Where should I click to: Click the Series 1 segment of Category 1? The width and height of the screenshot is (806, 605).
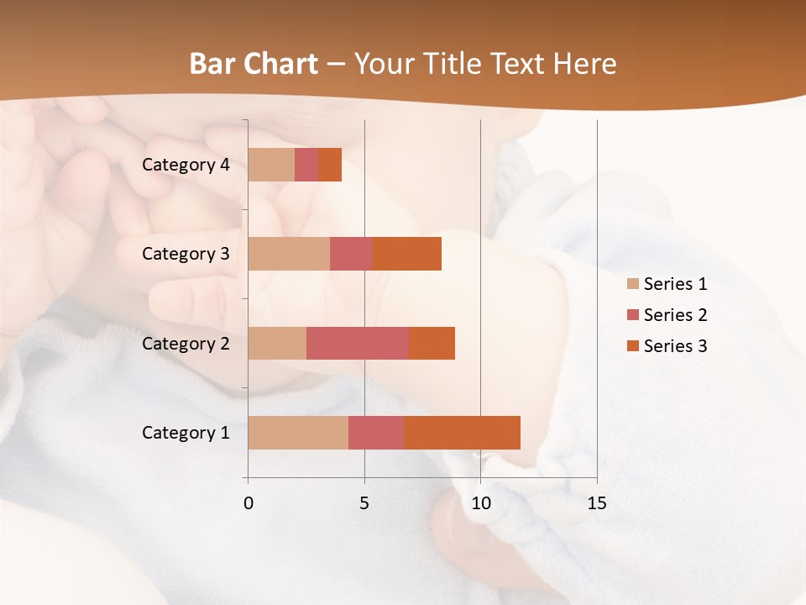(x=298, y=433)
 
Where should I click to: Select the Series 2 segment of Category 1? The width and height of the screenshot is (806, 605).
(x=376, y=433)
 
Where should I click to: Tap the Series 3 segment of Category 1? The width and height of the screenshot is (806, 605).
(x=462, y=433)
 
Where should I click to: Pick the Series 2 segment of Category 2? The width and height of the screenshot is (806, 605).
(x=358, y=343)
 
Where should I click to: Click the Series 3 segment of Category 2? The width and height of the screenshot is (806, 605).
(x=432, y=343)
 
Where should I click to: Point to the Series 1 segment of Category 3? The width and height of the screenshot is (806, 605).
(x=289, y=254)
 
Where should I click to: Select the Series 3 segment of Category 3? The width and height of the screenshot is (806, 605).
(x=406, y=254)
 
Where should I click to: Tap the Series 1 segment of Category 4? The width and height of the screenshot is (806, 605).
(x=271, y=165)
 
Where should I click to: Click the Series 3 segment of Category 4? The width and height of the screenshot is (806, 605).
(x=330, y=165)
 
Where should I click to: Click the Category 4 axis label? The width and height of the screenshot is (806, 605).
(x=186, y=165)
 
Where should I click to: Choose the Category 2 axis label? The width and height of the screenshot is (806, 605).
(x=186, y=344)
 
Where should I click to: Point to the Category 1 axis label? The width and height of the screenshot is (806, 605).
(x=186, y=433)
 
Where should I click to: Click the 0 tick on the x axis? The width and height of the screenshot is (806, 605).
(x=249, y=503)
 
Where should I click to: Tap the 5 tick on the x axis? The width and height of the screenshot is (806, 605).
(x=364, y=503)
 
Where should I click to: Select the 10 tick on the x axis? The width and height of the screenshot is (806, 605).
(x=480, y=503)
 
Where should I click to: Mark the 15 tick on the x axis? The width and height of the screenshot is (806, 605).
(x=596, y=503)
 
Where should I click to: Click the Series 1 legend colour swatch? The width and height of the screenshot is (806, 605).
(x=633, y=284)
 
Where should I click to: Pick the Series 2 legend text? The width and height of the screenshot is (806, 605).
(x=675, y=315)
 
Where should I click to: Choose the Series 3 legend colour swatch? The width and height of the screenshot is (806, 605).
(x=633, y=346)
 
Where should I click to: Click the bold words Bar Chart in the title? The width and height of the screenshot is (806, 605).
(x=254, y=64)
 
